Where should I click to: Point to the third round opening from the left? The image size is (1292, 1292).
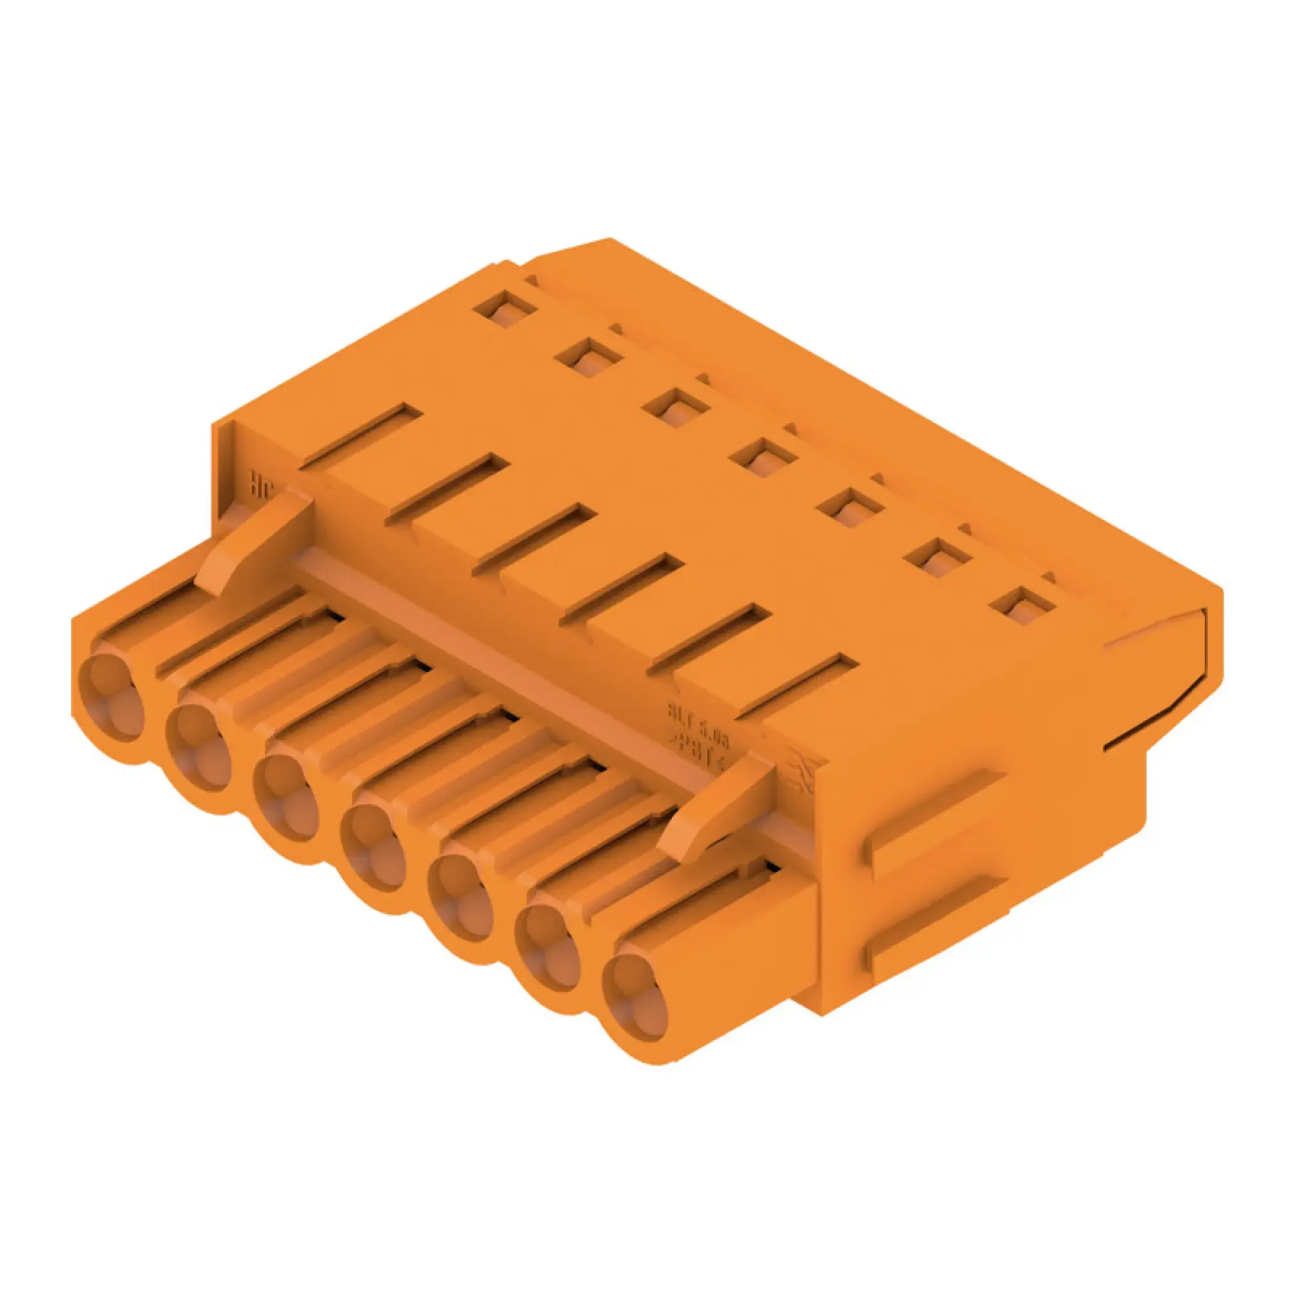click(287, 798)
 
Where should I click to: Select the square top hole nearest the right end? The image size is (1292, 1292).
click(1023, 605)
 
